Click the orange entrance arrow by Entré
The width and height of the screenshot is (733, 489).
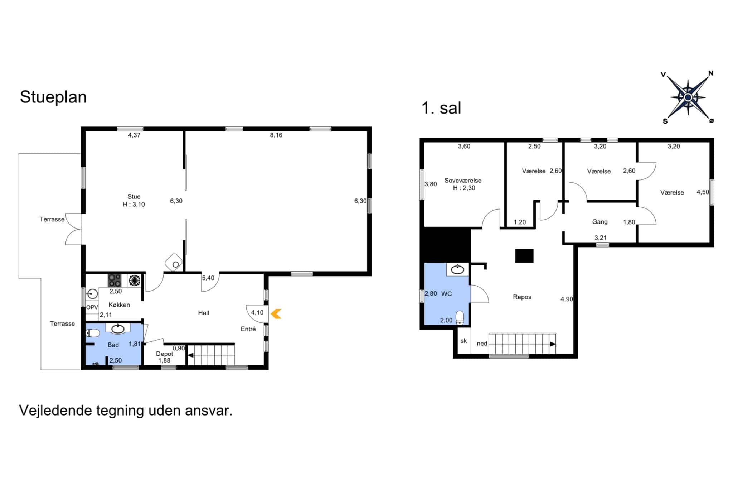coord(276,314)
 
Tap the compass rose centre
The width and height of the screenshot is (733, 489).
coord(688,97)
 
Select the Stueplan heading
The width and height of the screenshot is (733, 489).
coord(53,97)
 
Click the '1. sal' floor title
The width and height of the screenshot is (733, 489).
coord(441,108)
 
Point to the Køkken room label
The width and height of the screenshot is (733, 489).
coord(119,305)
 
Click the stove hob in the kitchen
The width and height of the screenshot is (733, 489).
coord(115,280)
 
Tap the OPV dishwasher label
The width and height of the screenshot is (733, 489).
coord(92,307)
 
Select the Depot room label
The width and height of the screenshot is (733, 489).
coord(165,354)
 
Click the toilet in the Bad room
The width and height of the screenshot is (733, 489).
coord(93,334)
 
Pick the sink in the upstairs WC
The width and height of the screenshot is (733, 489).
coord(457,269)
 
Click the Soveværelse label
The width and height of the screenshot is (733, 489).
coord(463,181)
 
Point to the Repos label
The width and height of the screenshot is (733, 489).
coord(522,297)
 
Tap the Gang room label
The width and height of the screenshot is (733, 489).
coord(600,222)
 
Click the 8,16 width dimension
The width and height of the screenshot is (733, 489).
coord(276,135)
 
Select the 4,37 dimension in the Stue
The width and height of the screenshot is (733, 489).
coord(134,135)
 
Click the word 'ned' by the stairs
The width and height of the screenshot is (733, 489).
coord(482,344)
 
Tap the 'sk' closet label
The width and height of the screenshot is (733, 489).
coord(463,341)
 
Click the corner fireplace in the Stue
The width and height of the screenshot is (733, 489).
coord(174,263)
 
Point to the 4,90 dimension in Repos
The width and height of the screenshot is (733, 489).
coord(567,299)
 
